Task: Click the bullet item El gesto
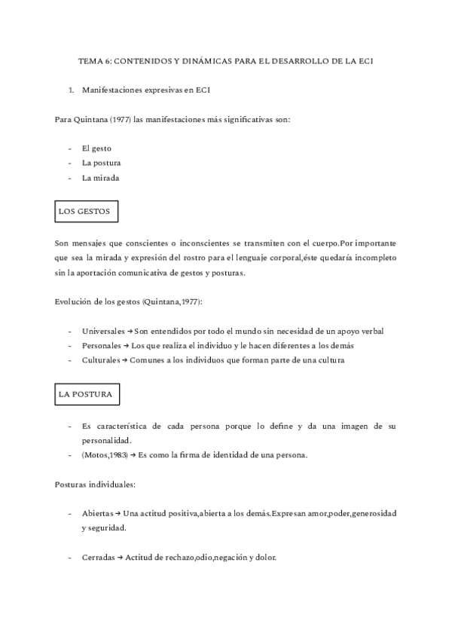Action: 96,148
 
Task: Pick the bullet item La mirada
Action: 100,178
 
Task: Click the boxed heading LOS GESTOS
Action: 84,212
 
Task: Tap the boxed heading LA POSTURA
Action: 85,394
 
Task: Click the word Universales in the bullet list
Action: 102,331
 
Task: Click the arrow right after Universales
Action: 130,331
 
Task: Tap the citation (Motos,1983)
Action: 104,455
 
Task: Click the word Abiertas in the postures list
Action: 97,513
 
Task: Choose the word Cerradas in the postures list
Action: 98,558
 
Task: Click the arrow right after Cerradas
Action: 120,558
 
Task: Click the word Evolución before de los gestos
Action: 74,301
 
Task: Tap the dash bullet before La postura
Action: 69,163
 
